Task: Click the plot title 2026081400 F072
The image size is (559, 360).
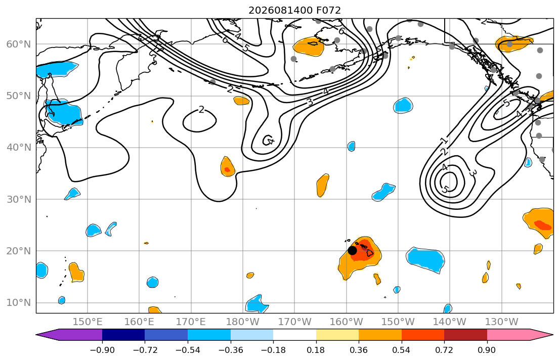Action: click(x=294, y=10)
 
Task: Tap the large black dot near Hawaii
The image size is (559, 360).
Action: click(x=352, y=251)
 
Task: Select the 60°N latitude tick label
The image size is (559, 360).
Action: click(x=19, y=44)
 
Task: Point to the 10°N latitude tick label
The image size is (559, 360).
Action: click(x=19, y=303)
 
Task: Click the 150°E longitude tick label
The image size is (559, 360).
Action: click(x=88, y=322)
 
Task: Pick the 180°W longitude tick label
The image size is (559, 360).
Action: click(x=243, y=322)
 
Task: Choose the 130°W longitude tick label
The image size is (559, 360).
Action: click(x=502, y=322)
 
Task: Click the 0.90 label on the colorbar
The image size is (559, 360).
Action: click(x=487, y=350)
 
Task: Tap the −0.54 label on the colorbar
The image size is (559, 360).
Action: click(x=188, y=350)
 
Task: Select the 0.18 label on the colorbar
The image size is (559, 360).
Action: click(x=316, y=350)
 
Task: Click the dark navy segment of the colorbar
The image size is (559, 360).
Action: click(x=123, y=335)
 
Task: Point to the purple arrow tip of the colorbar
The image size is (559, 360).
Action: click(x=37, y=335)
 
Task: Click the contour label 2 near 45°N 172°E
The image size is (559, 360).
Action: click(x=201, y=110)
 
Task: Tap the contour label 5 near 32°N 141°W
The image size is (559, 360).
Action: click(x=445, y=189)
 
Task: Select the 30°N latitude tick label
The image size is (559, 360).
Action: click(x=19, y=199)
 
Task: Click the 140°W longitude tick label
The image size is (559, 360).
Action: click(x=450, y=322)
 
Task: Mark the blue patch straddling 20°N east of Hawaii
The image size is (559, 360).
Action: click(x=425, y=260)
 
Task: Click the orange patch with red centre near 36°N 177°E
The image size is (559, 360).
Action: click(x=228, y=166)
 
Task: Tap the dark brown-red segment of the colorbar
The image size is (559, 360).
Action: click(x=465, y=335)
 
